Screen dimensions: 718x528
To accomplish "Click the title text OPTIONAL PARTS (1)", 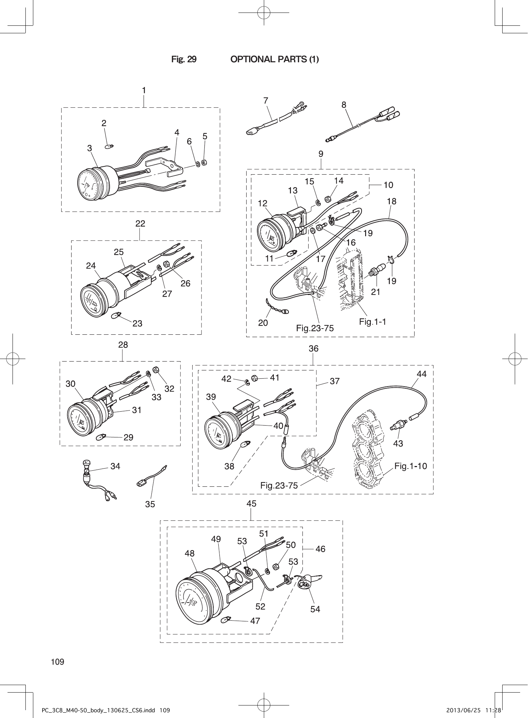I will [x=274, y=59].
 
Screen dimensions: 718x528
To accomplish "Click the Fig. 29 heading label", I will [x=184, y=59].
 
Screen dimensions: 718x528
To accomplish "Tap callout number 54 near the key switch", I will [x=315, y=609].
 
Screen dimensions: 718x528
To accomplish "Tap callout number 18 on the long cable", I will [x=392, y=201].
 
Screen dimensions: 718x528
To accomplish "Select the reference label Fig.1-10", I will [x=411, y=466].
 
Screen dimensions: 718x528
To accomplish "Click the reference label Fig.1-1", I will [x=372, y=322].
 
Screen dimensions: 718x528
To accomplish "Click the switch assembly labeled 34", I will [x=87, y=472].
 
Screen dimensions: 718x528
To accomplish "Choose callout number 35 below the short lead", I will [x=150, y=504].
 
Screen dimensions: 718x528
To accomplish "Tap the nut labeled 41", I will [x=255, y=378].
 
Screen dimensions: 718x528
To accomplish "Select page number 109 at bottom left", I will [x=58, y=662].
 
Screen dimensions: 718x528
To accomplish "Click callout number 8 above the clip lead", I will [x=344, y=105].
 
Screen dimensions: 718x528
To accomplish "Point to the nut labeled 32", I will [x=156, y=370].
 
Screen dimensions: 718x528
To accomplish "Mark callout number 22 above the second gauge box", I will [x=140, y=223].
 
